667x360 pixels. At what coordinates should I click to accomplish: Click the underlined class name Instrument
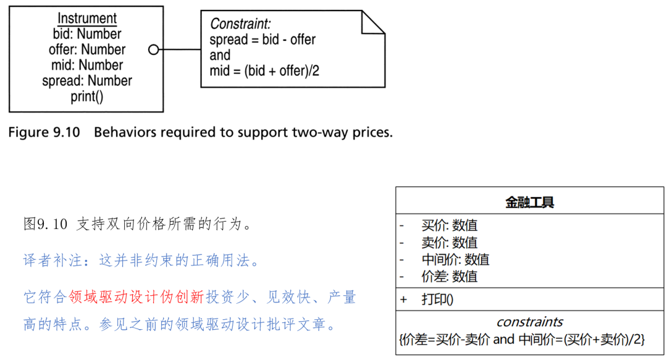pyautogui.click(x=86, y=19)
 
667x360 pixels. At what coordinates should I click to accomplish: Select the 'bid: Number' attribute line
pyautogui.click(x=86, y=34)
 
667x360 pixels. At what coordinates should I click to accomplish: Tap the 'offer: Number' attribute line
pyautogui.click(x=86, y=49)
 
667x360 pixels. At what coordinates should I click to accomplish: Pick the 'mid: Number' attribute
pyautogui.click(x=86, y=65)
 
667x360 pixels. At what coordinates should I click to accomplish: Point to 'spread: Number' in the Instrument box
pyautogui.click(x=86, y=81)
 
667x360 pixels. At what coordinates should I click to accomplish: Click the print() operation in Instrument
pyautogui.click(x=86, y=96)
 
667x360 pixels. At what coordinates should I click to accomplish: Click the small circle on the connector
pyautogui.click(x=154, y=49)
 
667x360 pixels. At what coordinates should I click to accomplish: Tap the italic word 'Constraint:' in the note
pyautogui.click(x=240, y=24)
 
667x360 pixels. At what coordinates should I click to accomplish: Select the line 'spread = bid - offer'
pyautogui.click(x=262, y=40)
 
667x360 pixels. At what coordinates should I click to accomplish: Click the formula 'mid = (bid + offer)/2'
pyautogui.click(x=264, y=70)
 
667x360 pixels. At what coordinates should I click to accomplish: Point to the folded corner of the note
pyautogui.click(x=372, y=22)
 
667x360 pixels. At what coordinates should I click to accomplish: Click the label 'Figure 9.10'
pyautogui.click(x=44, y=132)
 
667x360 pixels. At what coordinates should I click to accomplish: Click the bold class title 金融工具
pyautogui.click(x=530, y=202)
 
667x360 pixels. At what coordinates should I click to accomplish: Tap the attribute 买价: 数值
pyautogui.click(x=449, y=226)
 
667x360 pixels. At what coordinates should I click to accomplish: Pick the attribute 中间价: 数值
pyautogui.click(x=455, y=259)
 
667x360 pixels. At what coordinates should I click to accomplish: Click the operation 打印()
pyautogui.click(x=437, y=299)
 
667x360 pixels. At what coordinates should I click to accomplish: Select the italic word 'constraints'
pyautogui.click(x=530, y=322)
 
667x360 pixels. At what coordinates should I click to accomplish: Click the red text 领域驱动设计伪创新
pyautogui.click(x=136, y=297)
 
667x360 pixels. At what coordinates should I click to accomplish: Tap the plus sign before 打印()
pyautogui.click(x=404, y=299)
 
